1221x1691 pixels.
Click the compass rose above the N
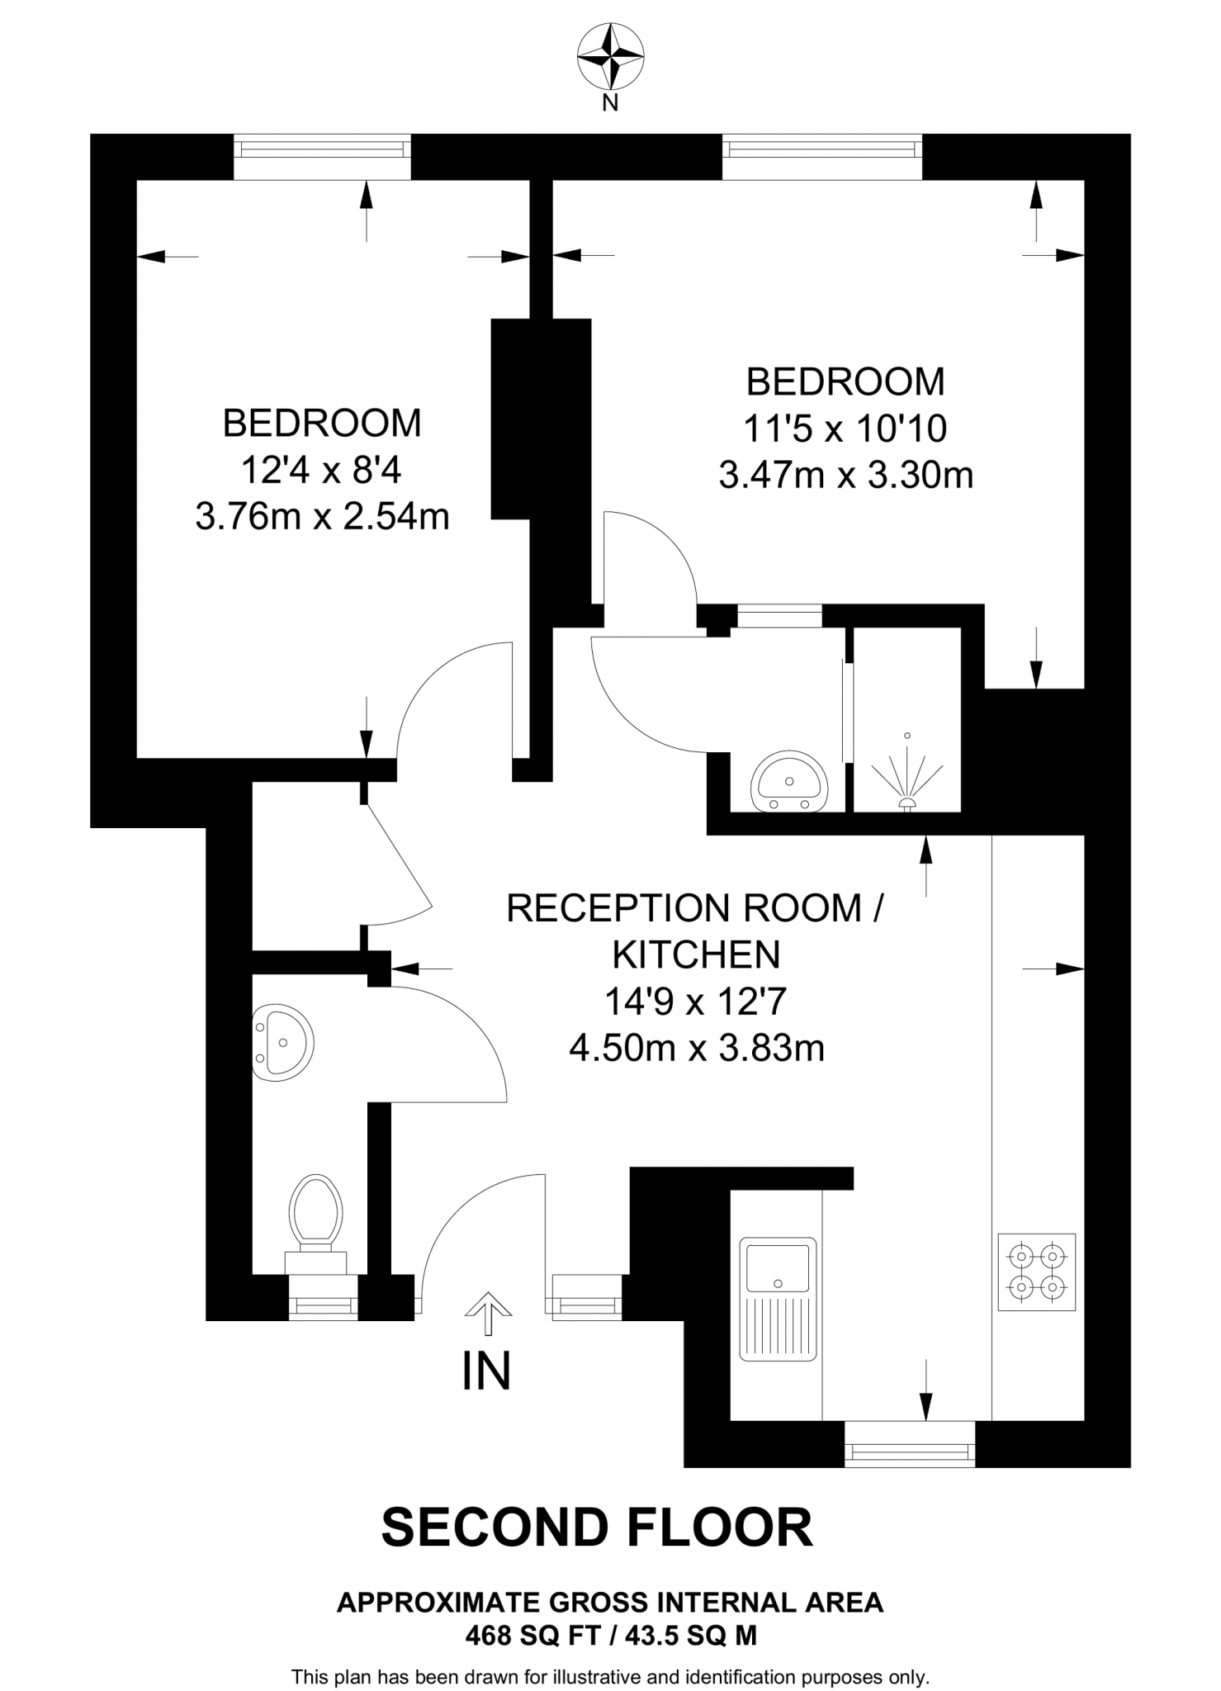coord(610,57)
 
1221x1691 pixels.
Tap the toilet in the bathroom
coord(315,1220)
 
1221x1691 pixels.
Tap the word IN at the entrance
coord(486,1371)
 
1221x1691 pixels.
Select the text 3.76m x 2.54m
coord(322,518)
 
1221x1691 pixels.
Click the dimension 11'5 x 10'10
coord(845,429)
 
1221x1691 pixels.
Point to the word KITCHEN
coord(695,955)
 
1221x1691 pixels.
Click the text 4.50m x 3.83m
coord(697,1049)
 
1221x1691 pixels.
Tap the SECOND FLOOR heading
coord(596,1528)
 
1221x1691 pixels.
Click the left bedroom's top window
coord(322,149)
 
